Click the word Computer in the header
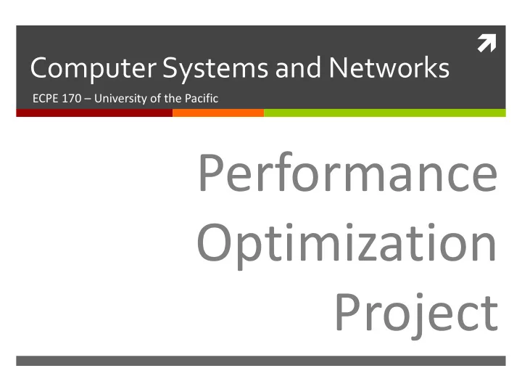click(94, 69)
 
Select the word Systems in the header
click(215, 69)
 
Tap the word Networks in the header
click(389, 68)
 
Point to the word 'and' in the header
click(298, 68)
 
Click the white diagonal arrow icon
click(486, 44)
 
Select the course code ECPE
click(45, 98)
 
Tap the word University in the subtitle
click(120, 99)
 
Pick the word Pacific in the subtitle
click(202, 98)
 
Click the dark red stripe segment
click(94, 113)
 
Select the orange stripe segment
click(218, 113)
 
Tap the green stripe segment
click(385, 113)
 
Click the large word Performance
click(348, 172)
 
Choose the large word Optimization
click(347, 245)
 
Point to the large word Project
click(417, 315)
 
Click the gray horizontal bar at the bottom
click(261, 361)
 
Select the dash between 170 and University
click(88, 99)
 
